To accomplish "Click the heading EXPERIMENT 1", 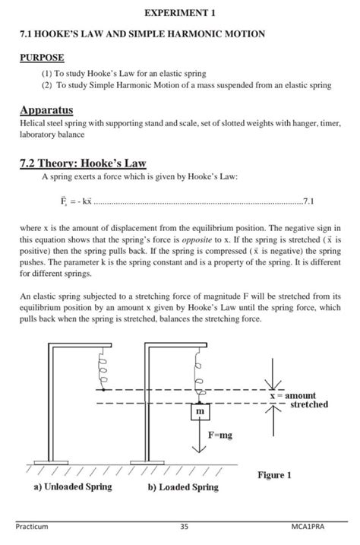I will [x=180, y=13].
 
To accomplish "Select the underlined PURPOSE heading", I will [x=42, y=58].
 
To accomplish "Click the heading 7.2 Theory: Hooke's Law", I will [x=82, y=163].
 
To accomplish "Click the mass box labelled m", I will [x=201, y=411].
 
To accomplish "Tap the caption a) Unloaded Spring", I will [x=73, y=486].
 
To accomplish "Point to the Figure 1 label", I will [x=274, y=475].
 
